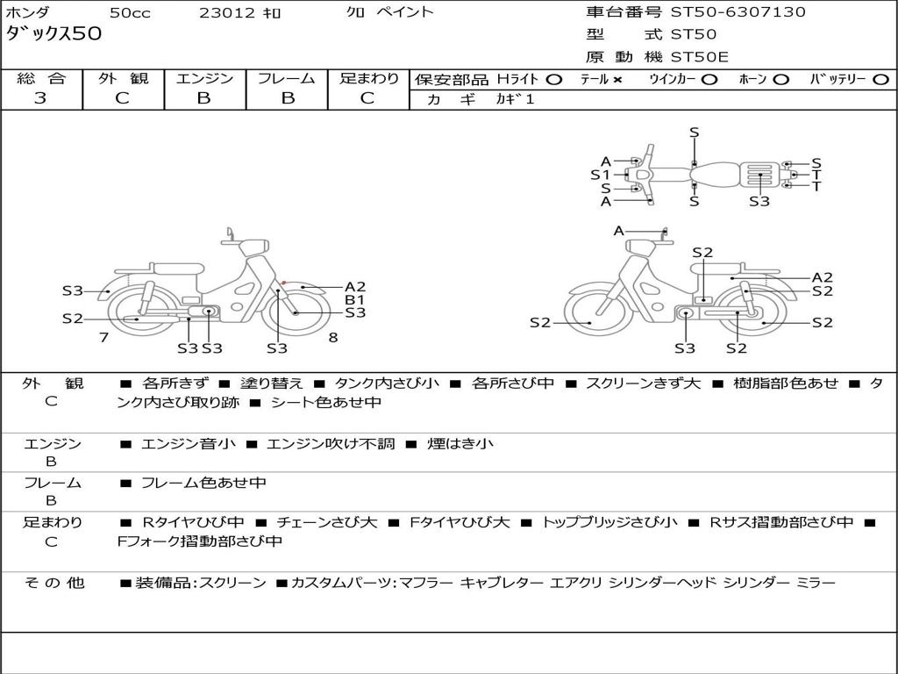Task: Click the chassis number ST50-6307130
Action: pos(738,11)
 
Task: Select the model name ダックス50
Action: pos(53,33)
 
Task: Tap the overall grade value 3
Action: pos(40,98)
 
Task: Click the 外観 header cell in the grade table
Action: pos(123,78)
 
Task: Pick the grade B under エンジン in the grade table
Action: pos(203,98)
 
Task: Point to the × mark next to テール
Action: pos(616,80)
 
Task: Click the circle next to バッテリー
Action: pos(880,80)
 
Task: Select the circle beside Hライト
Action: pos(554,80)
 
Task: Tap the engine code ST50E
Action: pos(699,57)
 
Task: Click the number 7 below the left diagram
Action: pos(103,338)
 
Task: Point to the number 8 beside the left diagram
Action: pos(333,338)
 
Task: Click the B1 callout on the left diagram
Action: pos(355,300)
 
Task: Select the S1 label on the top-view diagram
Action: pos(600,175)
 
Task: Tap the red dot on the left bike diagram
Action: pos(283,283)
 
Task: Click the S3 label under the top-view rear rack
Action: pos(759,201)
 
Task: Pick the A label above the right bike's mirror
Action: pos(618,231)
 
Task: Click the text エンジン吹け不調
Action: pos(331,443)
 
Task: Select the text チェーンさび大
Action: pos(327,522)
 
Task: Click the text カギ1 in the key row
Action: pos(515,99)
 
